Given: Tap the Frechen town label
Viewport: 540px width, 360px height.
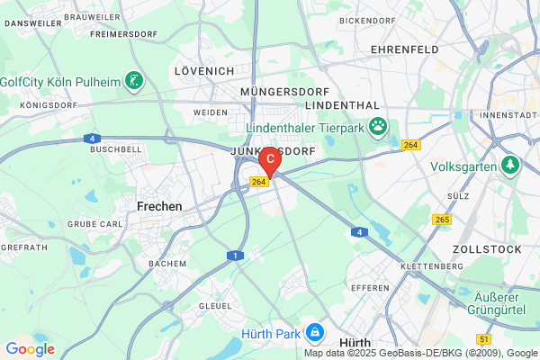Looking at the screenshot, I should [x=159, y=206].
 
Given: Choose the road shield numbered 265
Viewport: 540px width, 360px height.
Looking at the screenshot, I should [x=441, y=219].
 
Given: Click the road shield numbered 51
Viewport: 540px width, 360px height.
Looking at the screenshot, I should [x=485, y=339].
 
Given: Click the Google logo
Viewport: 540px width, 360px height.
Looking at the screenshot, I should [x=30, y=349].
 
